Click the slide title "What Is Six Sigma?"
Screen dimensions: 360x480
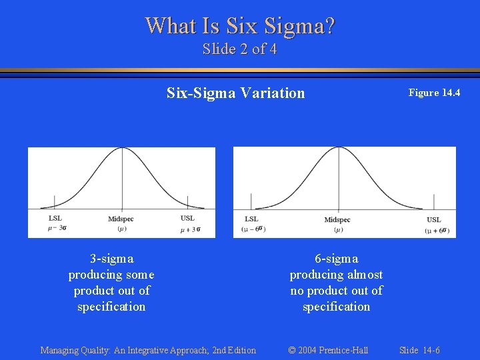click(x=240, y=26)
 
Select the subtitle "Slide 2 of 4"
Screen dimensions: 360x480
click(x=240, y=49)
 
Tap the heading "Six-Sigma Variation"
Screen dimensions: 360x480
click(x=235, y=93)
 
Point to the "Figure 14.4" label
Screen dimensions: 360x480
click(x=434, y=93)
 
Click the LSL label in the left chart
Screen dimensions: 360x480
click(x=55, y=218)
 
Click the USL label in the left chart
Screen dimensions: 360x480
click(x=187, y=218)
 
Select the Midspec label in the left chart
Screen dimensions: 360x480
click(x=121, y=219)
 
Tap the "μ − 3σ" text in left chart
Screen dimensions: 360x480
click(x=57, y=228)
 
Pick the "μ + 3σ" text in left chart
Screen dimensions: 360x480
click(x=190, y=230)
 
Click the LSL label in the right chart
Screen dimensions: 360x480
click(x=251, y=219)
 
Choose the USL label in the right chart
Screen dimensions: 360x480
click(x=434, y=220)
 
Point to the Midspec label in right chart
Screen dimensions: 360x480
click(x=337, y=220)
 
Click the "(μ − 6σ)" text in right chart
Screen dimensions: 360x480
click(x=253, y=229)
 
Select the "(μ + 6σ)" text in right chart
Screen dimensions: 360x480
click(x=437, y=230)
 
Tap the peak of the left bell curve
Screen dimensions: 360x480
click(x=121, y=150)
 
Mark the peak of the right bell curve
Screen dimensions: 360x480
click(x=339, y=150)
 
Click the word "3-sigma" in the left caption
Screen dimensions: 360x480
click(x=111, y=259)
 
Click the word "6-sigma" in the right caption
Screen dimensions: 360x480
click(x=336, y=259)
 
